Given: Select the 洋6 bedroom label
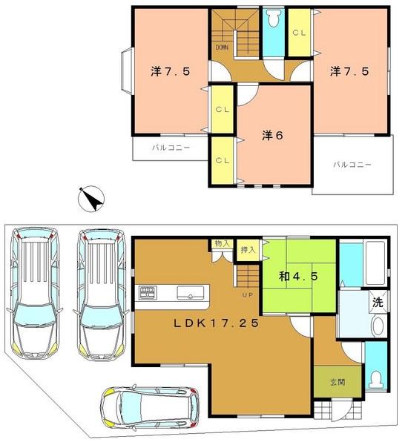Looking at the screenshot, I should (x=271, y=136).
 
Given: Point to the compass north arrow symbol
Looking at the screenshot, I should (x=92, y=199).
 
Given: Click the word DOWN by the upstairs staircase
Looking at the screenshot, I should (x=222, y=48).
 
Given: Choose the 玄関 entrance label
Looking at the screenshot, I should (x=337, y=383).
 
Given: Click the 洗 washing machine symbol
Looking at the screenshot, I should (x=378, y=302).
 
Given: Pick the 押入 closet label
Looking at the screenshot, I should (x=248, y=251).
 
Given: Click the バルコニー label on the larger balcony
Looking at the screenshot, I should (x=352, y=164).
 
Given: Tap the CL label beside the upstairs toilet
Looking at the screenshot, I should (x=300, y=33).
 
